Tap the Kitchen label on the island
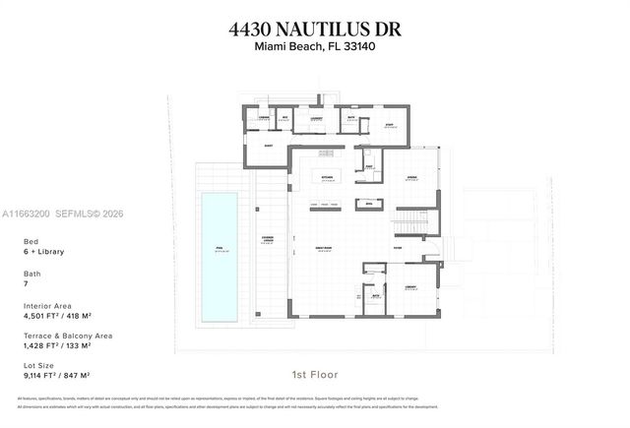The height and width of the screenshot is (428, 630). tap(327, 177)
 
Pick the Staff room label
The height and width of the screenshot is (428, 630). tap(389, 124)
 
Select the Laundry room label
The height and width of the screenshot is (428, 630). tap(317, 119)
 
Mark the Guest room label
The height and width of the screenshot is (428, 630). tap(267, 145)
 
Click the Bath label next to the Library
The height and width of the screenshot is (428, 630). tap(375, 293)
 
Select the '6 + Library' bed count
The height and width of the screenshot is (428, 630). tap(41, 253)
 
